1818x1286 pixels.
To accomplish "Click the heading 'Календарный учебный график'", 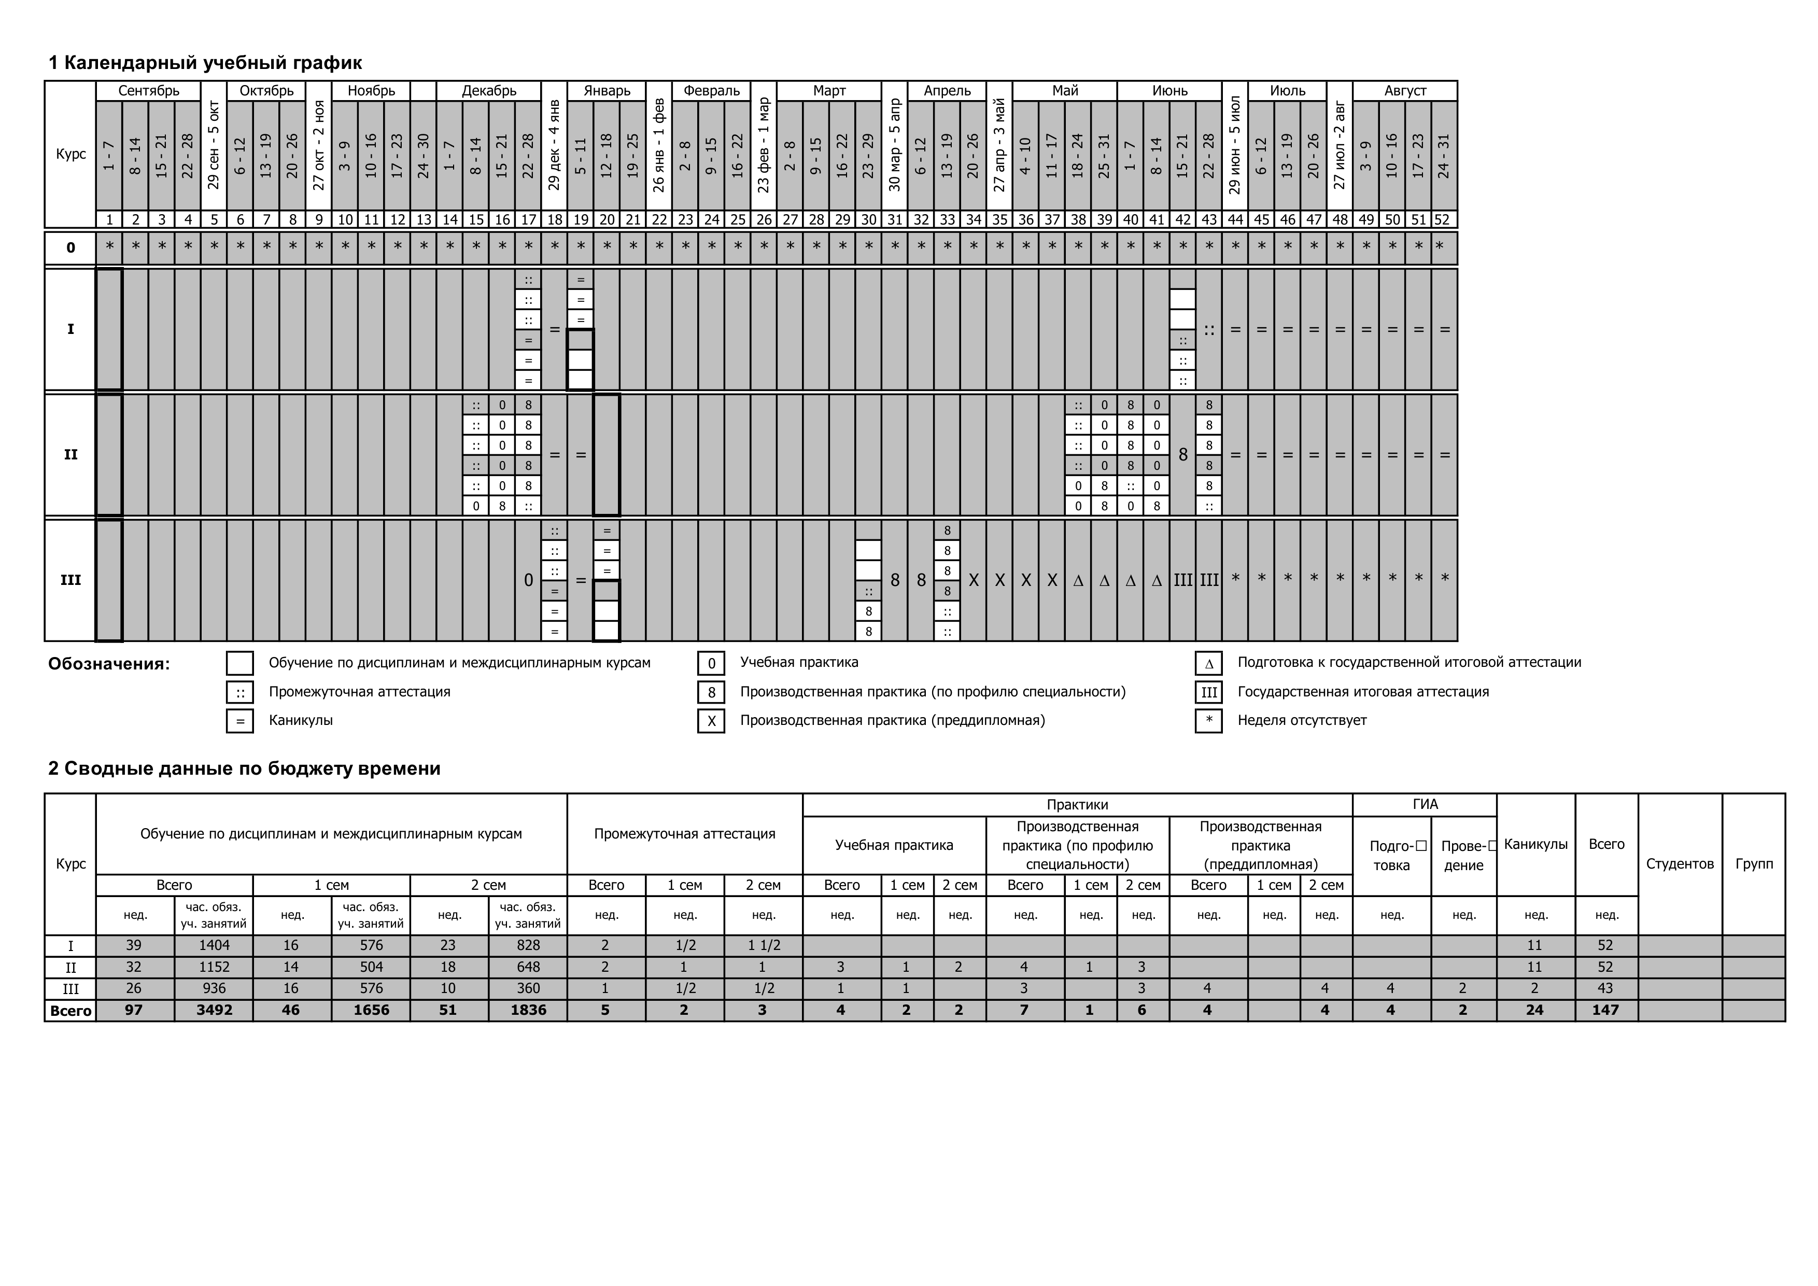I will point(205,63).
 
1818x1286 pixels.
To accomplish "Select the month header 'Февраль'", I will point(711,90).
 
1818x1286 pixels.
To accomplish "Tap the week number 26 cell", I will point(763,219).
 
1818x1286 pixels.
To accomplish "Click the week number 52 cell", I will point(1444,219).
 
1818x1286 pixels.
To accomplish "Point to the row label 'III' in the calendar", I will point(71,580).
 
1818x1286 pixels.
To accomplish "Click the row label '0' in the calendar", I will point(71,248).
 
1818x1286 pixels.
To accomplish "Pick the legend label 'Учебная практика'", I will point(798,662).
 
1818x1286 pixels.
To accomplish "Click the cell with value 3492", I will point(214,1010).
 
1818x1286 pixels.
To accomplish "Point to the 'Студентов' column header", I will point(1680,863).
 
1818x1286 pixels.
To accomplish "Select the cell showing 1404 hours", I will point(214,945).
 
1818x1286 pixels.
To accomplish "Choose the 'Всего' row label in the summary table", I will point(71,1011).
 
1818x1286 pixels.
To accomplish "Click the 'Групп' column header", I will point(1754,863).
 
